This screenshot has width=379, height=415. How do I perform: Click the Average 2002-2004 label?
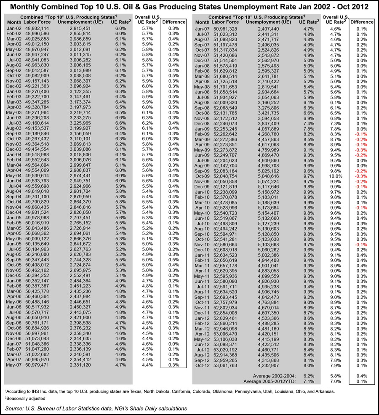(274, 375)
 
